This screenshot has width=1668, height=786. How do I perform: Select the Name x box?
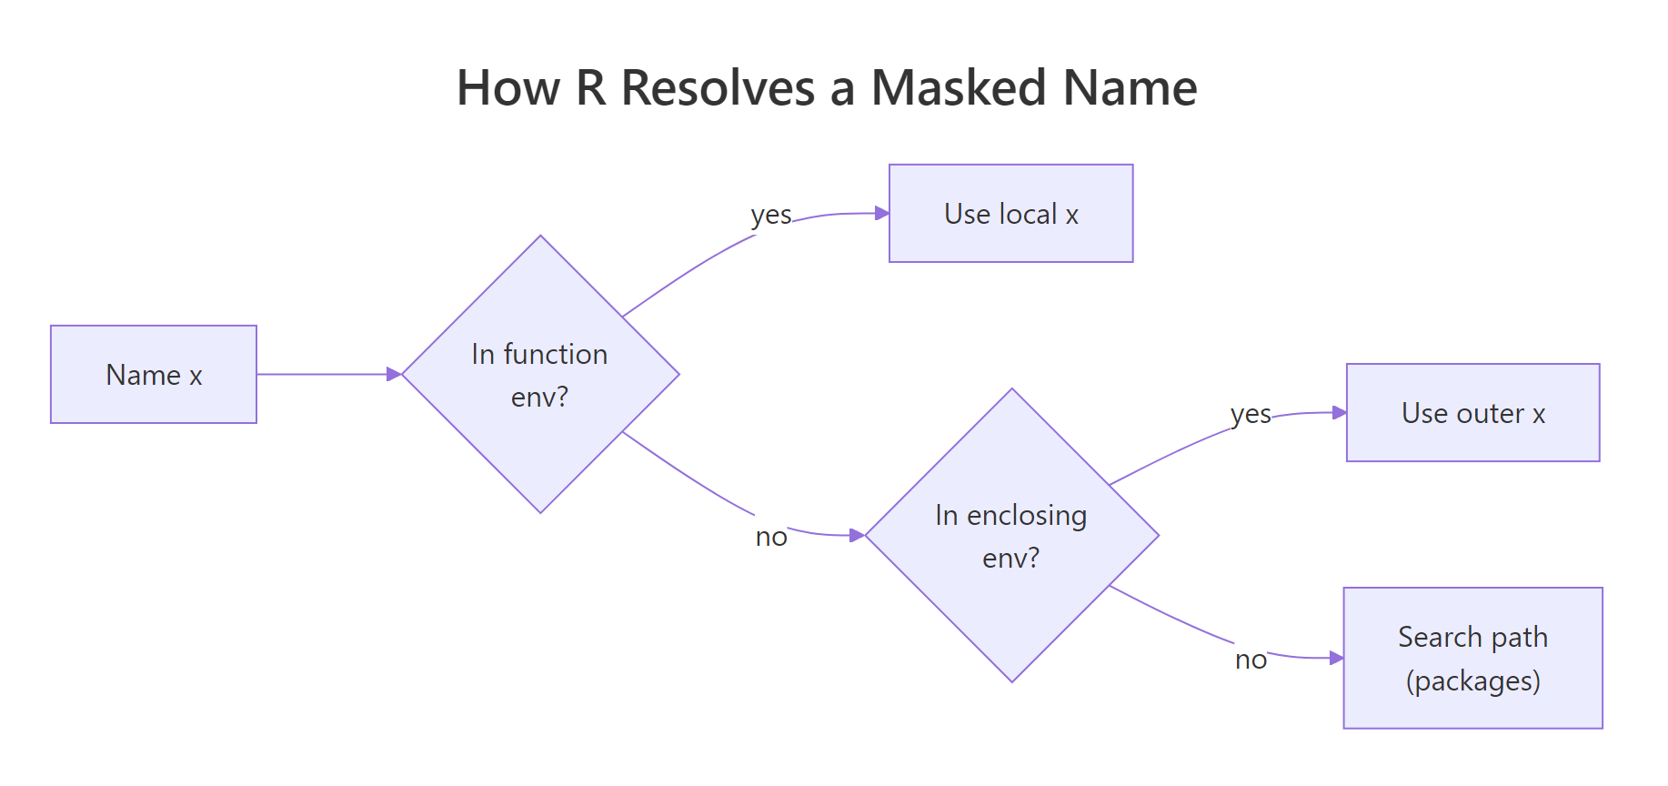click(x=154, y=375)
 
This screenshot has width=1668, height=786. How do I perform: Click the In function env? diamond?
click(x=540, y=375)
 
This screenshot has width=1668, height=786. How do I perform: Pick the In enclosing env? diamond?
click(x=1011, y=536)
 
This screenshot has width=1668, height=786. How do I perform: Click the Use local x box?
click(x=1010, y=214)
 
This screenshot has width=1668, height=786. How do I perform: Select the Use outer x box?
click(x=1472, y=413)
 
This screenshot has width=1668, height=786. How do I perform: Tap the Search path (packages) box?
click(x=1472, y=658)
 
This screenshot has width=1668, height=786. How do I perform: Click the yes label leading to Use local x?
click(x=770, y=216)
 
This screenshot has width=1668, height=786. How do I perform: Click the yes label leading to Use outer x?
click(x=1251, y=415)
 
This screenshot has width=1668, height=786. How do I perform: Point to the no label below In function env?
click(x=770, y=537)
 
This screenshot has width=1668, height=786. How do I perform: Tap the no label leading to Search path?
click(x=1251, y=660)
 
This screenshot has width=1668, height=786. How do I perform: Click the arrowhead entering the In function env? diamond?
click(x=394, y=374)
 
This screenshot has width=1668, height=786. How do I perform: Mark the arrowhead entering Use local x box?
click(x=881, y=213)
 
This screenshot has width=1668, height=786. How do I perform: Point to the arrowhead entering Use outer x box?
click(x=1339, y=412)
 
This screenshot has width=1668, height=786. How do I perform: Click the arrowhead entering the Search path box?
click(x=1336, y=658)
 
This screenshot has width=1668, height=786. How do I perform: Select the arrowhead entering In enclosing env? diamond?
click(x=857, y=535)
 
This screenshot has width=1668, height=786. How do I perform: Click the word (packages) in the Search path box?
click(x=1472, y=680)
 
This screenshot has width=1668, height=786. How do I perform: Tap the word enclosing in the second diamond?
click(x=1027, y=516)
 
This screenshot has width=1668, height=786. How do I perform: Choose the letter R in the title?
click(x=591, y=88)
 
